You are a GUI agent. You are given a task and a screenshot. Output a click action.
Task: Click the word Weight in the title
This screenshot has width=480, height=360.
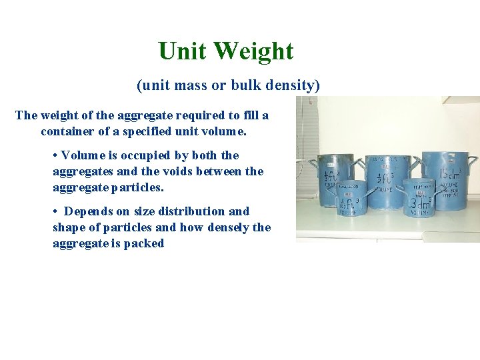pyautogui.click(x=257, y=51)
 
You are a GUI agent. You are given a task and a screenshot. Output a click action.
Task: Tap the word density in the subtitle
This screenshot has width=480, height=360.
pyautogui.click(x=295, y=85)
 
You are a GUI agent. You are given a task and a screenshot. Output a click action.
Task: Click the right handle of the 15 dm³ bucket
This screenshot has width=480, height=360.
pyautogui.click(x=473, y=163)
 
